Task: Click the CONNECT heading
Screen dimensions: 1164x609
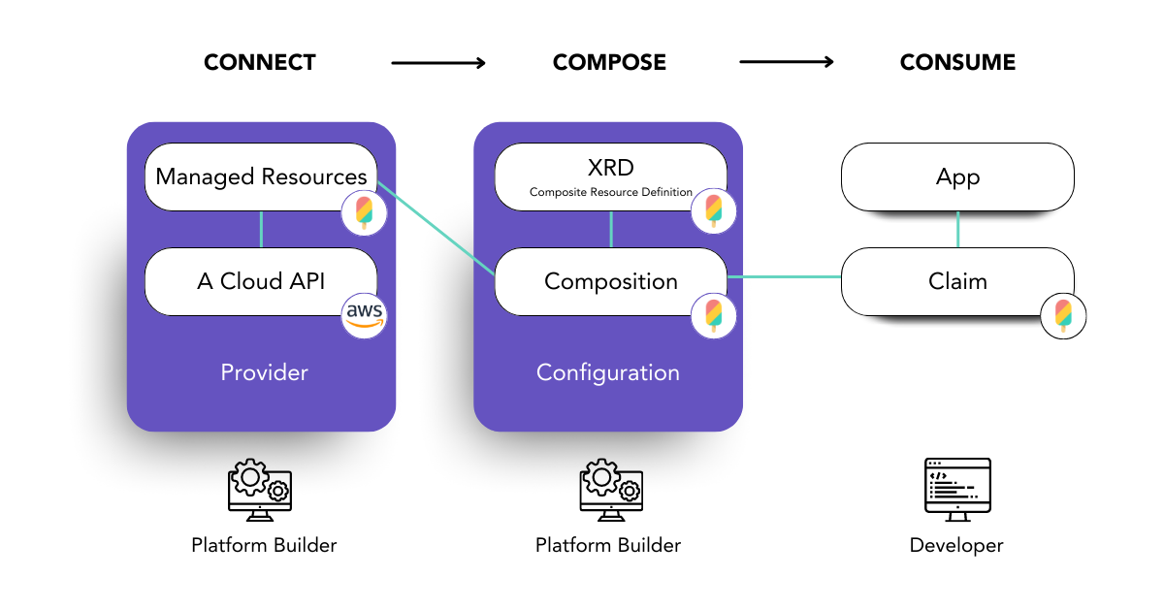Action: coord(260,62)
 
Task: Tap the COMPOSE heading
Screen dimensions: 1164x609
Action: coord(609,62)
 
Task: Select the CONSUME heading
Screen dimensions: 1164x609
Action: coord(957,62)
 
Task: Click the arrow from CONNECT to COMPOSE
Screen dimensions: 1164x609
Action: coord(438,63)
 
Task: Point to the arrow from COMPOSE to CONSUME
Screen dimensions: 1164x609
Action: coord(787,62)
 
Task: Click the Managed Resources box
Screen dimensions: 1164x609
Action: coord(261,176)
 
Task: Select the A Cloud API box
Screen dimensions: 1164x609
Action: coord(261,281)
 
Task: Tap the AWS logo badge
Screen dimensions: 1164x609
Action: coord(364,316)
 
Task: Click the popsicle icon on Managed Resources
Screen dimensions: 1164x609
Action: coord(364,212)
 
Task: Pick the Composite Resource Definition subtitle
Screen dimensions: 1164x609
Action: coord(610,192)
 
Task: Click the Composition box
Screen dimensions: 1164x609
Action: coord(610,281)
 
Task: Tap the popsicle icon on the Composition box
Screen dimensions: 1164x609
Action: coord(714,316)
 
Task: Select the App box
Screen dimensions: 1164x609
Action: coord(957,176)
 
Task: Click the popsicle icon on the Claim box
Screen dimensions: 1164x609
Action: coord(1063,316)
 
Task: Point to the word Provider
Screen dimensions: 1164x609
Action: coord(264,372)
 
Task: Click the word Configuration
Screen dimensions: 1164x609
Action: coord(608,372)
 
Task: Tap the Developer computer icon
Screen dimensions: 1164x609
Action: coord(957,490)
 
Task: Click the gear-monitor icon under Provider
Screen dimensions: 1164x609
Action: coord(260,490)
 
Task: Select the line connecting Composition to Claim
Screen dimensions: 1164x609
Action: coord(784,277)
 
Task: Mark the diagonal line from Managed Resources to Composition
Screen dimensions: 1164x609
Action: coord(436,228)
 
